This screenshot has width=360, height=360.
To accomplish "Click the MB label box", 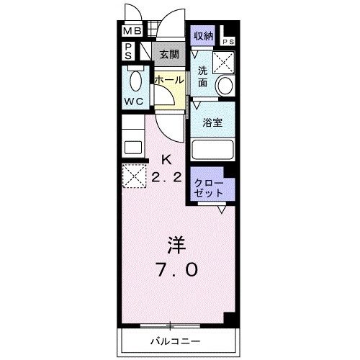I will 131,31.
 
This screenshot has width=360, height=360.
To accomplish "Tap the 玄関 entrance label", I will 168,53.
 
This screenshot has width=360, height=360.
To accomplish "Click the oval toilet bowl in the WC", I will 134,78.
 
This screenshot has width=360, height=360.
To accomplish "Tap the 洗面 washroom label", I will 203,76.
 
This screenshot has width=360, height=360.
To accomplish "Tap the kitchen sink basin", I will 133,148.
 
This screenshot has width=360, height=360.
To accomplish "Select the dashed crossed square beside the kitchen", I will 133,175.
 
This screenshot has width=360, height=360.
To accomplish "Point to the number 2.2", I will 167,176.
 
